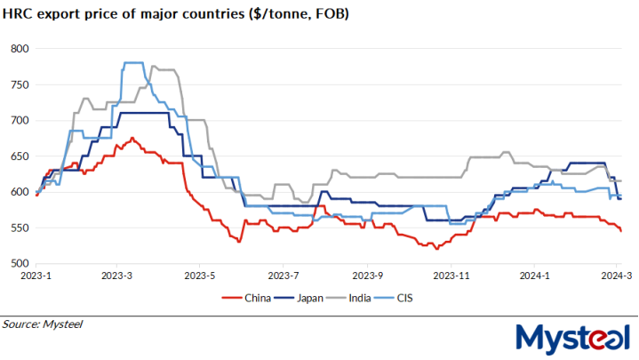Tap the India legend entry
[x=363, y=297]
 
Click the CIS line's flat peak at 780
[x=133, y=62]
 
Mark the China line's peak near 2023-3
[x=132, y=139]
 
